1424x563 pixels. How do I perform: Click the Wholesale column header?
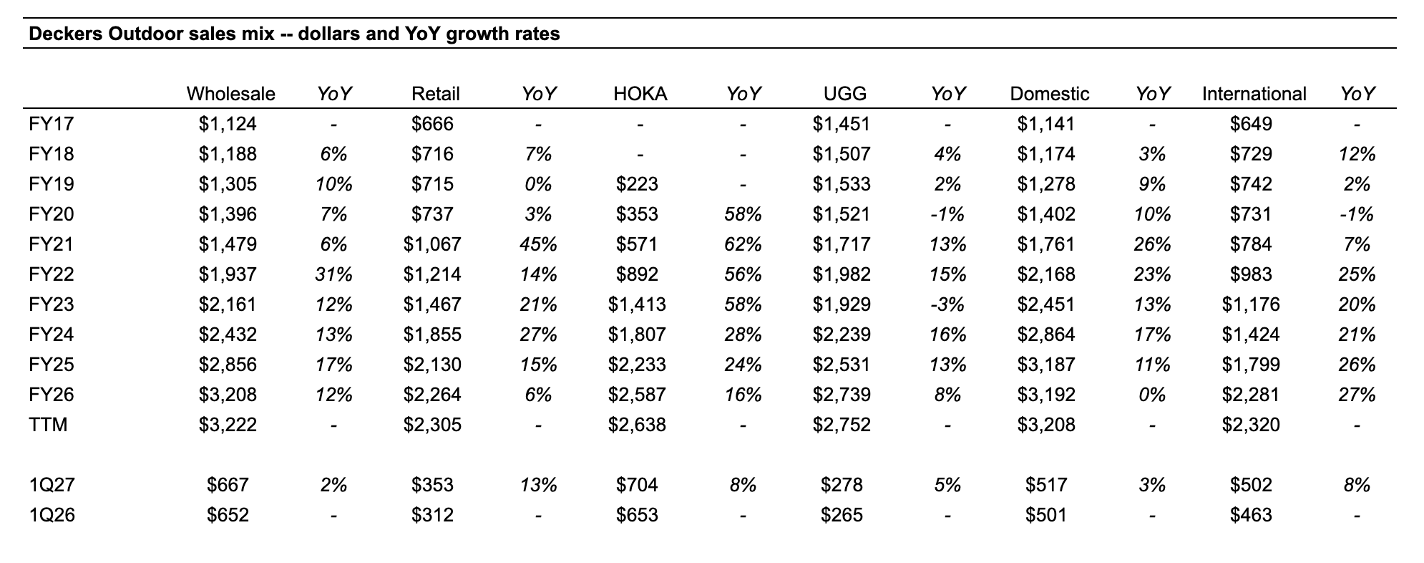(230, 94)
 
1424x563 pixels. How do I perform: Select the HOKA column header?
(640, 94)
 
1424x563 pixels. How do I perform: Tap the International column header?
(1254, 94)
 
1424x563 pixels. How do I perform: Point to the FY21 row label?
(52, 244)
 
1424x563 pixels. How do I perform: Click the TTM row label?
(48, 425)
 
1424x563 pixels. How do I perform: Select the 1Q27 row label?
(52, 485)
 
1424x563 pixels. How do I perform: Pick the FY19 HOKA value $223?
(637, 184)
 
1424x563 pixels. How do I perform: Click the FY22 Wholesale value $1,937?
(228, 274)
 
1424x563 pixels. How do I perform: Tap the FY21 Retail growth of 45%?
(539, 244)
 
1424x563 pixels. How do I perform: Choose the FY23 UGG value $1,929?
(842, 304)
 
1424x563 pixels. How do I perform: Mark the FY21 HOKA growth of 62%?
(743, 244)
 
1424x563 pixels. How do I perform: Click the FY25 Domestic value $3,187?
(1046, 365)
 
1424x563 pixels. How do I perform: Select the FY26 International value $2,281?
(1251, 395)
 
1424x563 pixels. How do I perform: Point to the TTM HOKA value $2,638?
(637, 425)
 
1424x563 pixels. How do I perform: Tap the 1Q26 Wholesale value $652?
(228, 515)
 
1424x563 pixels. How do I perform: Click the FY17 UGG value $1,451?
(842, 124)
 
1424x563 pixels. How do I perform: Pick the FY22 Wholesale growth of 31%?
(334, 274)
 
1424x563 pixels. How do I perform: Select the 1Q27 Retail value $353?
(432, 485)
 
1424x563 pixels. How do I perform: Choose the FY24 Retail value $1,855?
(432, 335)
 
